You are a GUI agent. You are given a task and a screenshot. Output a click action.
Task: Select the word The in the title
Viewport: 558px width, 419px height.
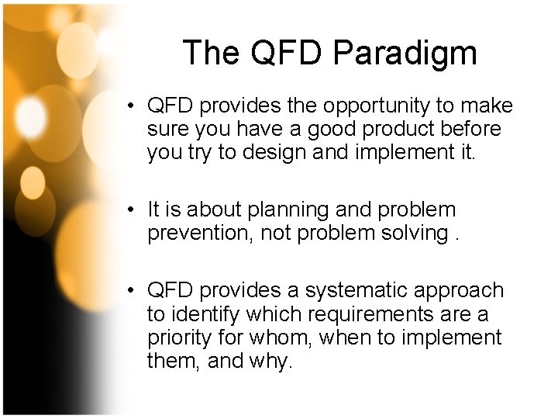[x=210, y=54]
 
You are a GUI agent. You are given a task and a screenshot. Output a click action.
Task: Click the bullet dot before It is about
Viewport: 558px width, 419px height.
[x=134, y=210]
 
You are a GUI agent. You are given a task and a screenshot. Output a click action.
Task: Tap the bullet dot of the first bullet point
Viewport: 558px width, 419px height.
[x=134, y=106]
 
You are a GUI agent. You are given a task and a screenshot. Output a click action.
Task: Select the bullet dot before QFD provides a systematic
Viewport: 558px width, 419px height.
[x=134, y=291]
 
